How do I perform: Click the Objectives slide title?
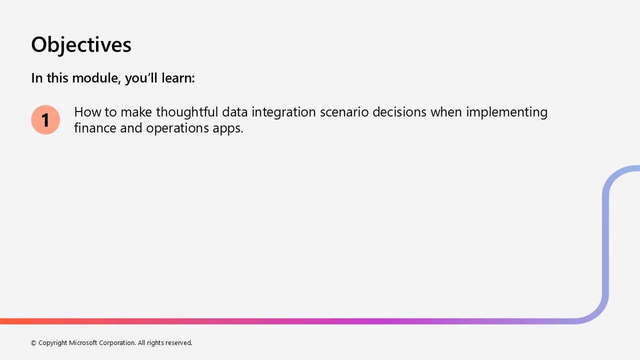point(81,45)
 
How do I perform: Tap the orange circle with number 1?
point(45,119)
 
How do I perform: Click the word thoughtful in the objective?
point(187,112)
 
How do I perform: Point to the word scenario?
point(344,112)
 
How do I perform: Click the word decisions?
point(399,112)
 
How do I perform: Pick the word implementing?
point(507,112)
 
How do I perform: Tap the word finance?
point(95,128)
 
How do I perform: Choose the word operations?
point(177,128)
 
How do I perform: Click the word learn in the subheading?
point(178,78)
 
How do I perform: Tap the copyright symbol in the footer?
point(33,343)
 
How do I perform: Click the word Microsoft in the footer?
point(83,342)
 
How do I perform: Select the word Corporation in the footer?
point(117,343)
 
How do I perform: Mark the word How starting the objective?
point(87,112)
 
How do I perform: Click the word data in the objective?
point(235,112)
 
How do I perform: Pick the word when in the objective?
point(446,112)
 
